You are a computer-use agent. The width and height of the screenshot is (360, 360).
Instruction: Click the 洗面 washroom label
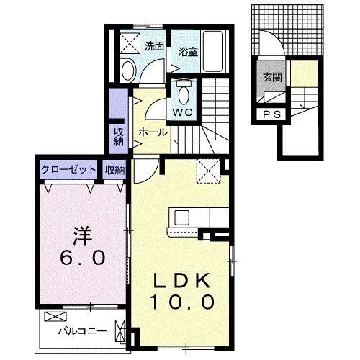(x=153, y=46)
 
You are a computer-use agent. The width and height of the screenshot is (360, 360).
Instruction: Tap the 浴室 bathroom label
(x=189, y=51)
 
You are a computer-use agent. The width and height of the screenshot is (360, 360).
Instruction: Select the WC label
(x=183, y=113)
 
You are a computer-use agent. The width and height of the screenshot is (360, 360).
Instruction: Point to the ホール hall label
(x=153, y=132)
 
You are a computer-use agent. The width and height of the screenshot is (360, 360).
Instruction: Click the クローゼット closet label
(x=68, y=170)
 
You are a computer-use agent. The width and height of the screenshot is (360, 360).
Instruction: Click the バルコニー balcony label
(x=82, y=332)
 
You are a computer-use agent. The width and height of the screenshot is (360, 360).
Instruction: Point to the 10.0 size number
(x=181, y=302)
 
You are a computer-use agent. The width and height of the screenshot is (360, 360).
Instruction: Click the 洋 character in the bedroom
(x=81, y=235)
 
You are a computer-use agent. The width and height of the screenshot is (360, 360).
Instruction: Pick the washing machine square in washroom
(x=131, y=42)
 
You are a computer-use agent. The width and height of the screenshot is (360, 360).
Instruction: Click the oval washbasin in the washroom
(x=128, y=71)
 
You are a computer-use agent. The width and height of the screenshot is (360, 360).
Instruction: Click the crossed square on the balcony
(x=54, y=317)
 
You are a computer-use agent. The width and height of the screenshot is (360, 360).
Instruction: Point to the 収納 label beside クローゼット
(x=115, y=170)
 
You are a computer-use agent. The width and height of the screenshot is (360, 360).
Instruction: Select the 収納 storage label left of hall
(x=119, y=136)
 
